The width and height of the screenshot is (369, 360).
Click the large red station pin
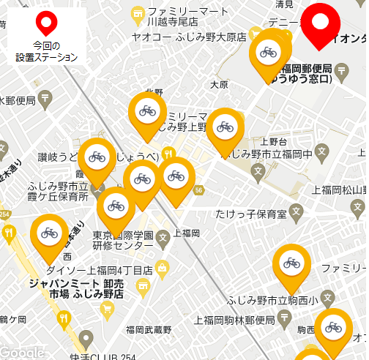pos(320,20)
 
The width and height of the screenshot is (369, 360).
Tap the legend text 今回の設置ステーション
pos(47,50)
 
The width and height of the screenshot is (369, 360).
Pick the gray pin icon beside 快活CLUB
pos(86,338)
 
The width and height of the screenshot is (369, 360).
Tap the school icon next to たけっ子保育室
pos(296,214)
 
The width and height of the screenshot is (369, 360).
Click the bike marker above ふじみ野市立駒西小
pos(291,263)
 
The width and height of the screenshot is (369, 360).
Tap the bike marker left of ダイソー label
pos(49,233)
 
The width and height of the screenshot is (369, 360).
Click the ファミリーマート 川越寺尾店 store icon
pos(137,13)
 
